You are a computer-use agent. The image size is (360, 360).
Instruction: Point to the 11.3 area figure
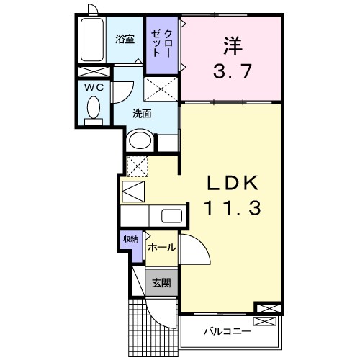pyautogui.click(x=230, y=209)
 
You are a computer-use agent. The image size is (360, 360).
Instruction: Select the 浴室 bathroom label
pyautogui.click(x=125, y=40)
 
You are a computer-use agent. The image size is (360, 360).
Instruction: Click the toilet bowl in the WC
pyautogui.click(x=93, y=109)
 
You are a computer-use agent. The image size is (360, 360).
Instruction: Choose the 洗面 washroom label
pyautogui.click(x=141, y=113)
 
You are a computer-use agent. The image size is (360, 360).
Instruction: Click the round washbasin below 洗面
pyautogui.click(x=140, y=140)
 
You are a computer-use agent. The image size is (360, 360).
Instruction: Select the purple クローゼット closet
pyautogui.click(x=159, y=44)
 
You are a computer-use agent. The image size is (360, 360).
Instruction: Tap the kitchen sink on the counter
pyautogui.click(x=171, y=215)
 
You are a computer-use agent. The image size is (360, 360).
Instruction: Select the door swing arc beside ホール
pyautogui.click(x=194, y=252)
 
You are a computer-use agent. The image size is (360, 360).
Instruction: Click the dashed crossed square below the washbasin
pyautogui.click(x=136, y=165)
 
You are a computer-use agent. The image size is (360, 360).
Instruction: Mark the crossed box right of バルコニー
pyautogui.click(x=265, y=309)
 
